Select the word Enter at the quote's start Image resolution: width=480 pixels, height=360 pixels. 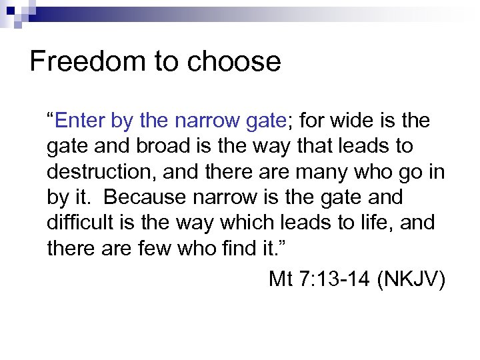point(79,121)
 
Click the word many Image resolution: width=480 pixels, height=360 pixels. point(319,171)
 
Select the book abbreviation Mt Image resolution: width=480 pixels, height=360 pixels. point(280,278)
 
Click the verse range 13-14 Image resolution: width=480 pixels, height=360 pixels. point(345,278)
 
